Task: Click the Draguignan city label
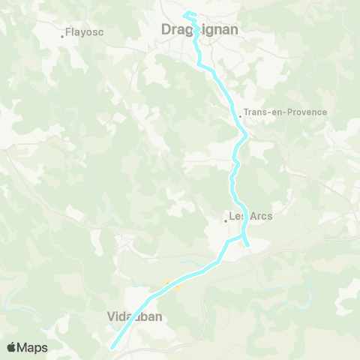(x=200, y=30)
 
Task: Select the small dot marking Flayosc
(x=62, y=34)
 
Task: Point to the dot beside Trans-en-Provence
(x=239, y=115)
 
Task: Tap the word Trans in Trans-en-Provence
(x=256, y=112)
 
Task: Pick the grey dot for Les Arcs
(x=226, y=220)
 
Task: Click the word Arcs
(x=262, y=216)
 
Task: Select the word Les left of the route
(x=238, y=216)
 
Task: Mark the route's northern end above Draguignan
(x=186, y=13)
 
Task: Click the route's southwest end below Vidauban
(x=112, y=347)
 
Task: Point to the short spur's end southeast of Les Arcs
(x=247, y=245)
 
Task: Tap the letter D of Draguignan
(x=167, y=30)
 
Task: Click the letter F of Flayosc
(x=68, y=33)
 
